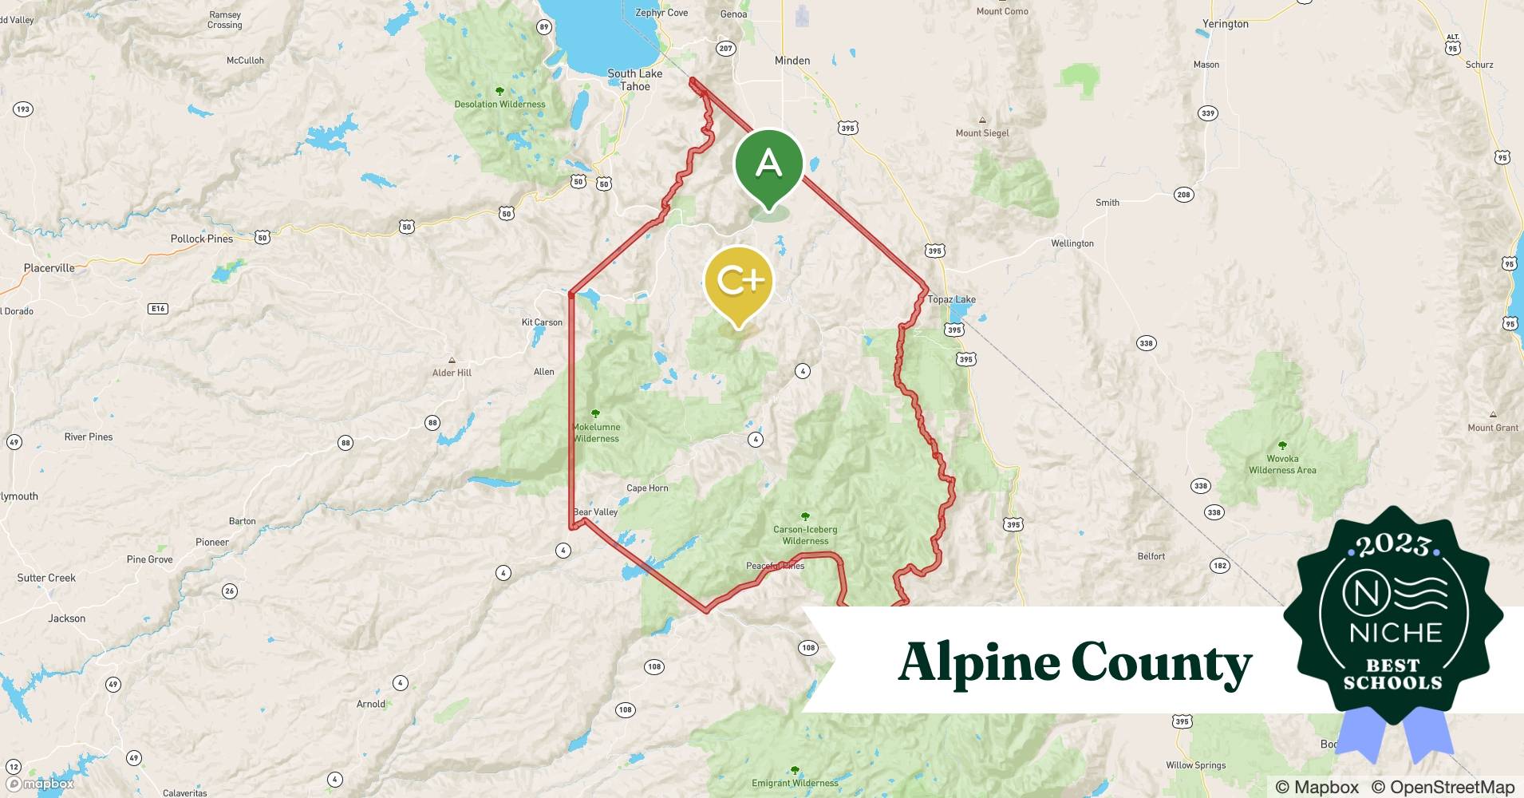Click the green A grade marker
point(768,164)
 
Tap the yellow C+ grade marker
point(740,281)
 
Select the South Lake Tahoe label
point(634,80)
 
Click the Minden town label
point(792,61)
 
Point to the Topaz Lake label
point(951,299)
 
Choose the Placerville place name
point(49,268)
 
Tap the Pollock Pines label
point(201,239)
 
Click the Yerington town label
point(1225,24)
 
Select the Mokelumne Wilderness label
point(596,433)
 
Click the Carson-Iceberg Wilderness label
point(805,535)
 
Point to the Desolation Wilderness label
point(499,105)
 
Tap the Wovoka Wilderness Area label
point(1282,464)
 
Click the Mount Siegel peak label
point(982,133)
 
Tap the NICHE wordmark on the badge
point(1396,633)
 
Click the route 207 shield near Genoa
point(724,49)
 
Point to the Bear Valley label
point(595,512)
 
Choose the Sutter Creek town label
point(46,578)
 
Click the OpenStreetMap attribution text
point(1443,787)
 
